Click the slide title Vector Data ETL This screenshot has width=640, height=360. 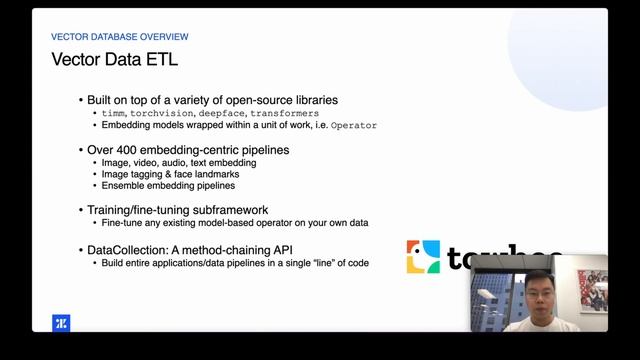click(114, 60)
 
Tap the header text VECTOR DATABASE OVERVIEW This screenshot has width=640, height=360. click(119, 37)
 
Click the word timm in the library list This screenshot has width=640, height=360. click(115, 114)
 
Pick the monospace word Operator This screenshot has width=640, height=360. click(354, 126)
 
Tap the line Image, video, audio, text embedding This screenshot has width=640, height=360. click(179, 162)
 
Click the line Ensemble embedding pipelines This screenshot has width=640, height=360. click(168, 186)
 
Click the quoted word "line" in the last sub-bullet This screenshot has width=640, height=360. click(320, 263)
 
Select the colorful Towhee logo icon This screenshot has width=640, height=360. click(423, 257)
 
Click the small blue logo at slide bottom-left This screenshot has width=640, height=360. click(60, 323)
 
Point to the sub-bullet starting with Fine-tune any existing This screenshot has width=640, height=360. click(235, 224)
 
